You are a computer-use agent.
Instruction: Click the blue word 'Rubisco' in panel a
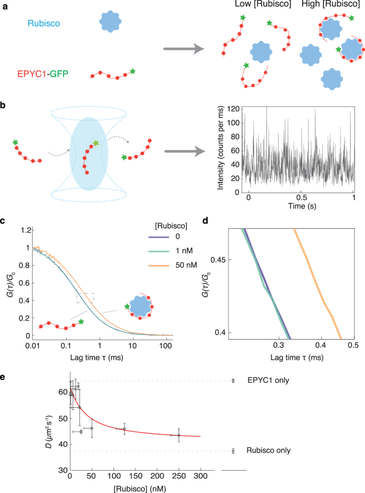point(44,23)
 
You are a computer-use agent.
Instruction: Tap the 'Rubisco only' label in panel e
point(269,450)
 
